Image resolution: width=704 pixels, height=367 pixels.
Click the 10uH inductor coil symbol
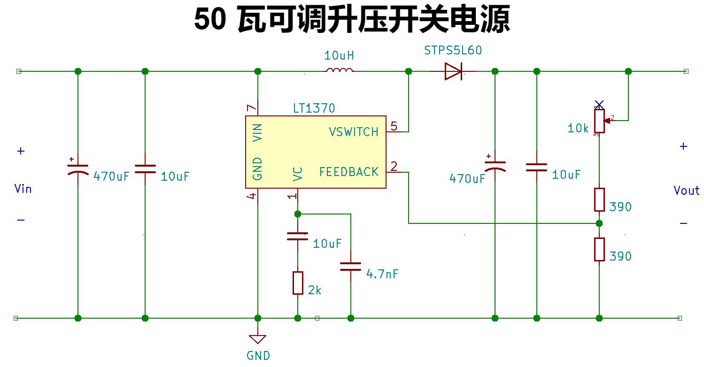click(340, 71)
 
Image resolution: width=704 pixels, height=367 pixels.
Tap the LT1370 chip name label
click(314, 108)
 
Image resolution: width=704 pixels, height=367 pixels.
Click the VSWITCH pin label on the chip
click(354, 132)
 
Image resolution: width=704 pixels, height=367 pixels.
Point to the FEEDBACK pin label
click(349, 172)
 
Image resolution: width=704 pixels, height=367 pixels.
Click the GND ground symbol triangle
click(258, 339)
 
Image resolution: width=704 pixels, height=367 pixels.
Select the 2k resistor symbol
click(298, 283)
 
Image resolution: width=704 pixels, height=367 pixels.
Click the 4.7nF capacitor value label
click(382, 274)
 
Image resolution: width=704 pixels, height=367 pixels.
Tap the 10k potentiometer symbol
click(599, 121)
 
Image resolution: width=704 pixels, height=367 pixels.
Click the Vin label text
click(23, 189)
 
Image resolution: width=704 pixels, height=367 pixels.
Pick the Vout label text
click(686, 191)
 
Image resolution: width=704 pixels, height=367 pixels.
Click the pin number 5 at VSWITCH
click(394, 126)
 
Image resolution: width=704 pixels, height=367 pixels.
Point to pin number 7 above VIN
click(252, 108)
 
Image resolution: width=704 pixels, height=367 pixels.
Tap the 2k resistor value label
click(315, 290)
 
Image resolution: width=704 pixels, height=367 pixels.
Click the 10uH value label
click(339, 56)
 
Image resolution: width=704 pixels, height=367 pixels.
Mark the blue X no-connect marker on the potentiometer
click(599, 104)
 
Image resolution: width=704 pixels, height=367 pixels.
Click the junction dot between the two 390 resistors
click(599, 223)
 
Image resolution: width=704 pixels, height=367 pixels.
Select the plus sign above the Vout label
click(683, 146)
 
